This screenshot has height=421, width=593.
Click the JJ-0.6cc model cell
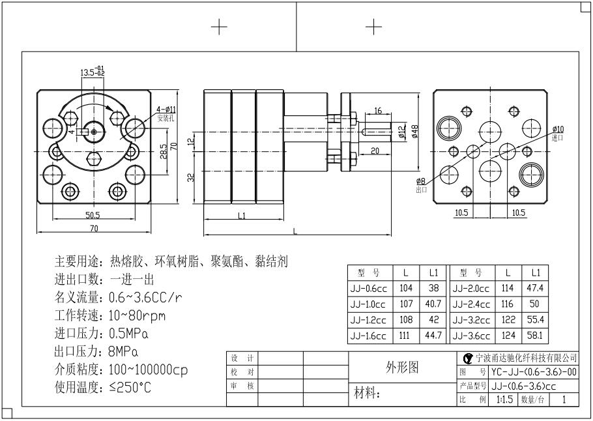click(x=368, y=288)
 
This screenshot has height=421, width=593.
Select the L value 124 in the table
click(x=508, y=336)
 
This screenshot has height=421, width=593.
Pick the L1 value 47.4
click(x=536, y=288)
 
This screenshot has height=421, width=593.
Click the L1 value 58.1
click(x=536, y=336)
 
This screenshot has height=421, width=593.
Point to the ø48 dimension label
click(x=414, y=130)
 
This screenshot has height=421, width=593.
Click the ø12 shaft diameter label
click(x=402, y=131)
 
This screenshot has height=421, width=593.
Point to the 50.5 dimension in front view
click(x=92, y=214)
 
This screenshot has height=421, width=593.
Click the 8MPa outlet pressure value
click(x=123, y=353)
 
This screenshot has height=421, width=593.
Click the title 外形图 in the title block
click(x=403, y=367)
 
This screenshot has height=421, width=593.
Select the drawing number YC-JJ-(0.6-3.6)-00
click(x=534, y=371)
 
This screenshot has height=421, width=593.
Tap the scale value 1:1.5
click(x=504, y=399)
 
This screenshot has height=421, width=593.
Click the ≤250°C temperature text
click(x=130, y=388)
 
